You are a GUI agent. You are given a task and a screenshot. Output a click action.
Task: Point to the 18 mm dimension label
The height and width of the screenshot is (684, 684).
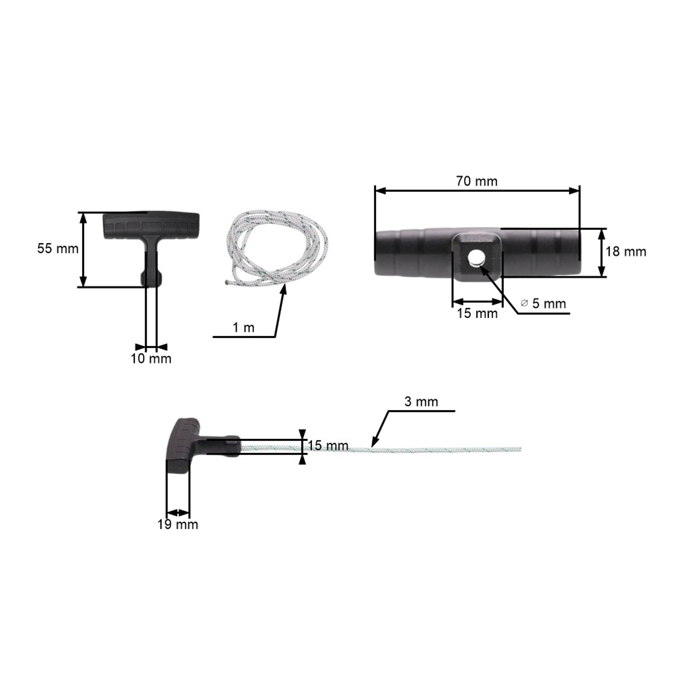[626, 252]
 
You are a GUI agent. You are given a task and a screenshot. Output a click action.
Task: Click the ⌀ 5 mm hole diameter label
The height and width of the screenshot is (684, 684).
[544, 303]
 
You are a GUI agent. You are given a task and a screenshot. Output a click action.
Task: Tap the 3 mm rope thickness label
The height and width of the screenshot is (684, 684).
[421, 402]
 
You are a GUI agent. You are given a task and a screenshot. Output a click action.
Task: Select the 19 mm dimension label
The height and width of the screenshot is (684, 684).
[178, 524]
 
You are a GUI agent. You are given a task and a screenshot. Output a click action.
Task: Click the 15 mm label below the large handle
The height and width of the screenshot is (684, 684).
[477, 313]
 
